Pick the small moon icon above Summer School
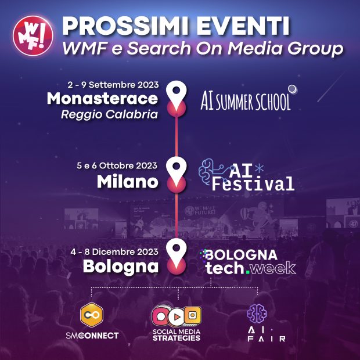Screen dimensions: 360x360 (293, 89)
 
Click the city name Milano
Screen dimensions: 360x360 (127, 182)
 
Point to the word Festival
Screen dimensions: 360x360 (253, 185)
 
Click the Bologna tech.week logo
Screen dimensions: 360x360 (247, 261)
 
